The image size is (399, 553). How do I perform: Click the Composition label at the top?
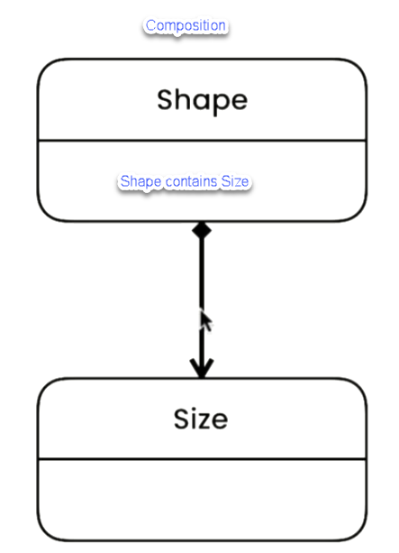[x=186, y=26]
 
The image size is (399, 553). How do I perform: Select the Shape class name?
[x=202, y=101]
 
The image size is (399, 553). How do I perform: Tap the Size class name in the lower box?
[x=201, y=419]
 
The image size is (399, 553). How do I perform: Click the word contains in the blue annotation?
[x=191, y=181]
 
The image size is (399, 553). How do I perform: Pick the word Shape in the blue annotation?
[x=141, y=182]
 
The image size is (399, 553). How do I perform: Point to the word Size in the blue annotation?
[x=235, y=181]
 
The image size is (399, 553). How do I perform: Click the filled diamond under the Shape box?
[x=202, y=231]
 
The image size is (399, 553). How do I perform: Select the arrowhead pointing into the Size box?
[x=202, y=369]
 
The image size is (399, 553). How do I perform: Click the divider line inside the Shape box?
[x=202, y=141]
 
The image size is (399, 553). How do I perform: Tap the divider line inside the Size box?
[x=202, y=459]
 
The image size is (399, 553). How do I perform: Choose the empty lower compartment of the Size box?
[x=202, y=499]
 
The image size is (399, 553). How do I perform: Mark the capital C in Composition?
[x=150, y=25]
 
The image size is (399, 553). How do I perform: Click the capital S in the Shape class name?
[x=165, y=100]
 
